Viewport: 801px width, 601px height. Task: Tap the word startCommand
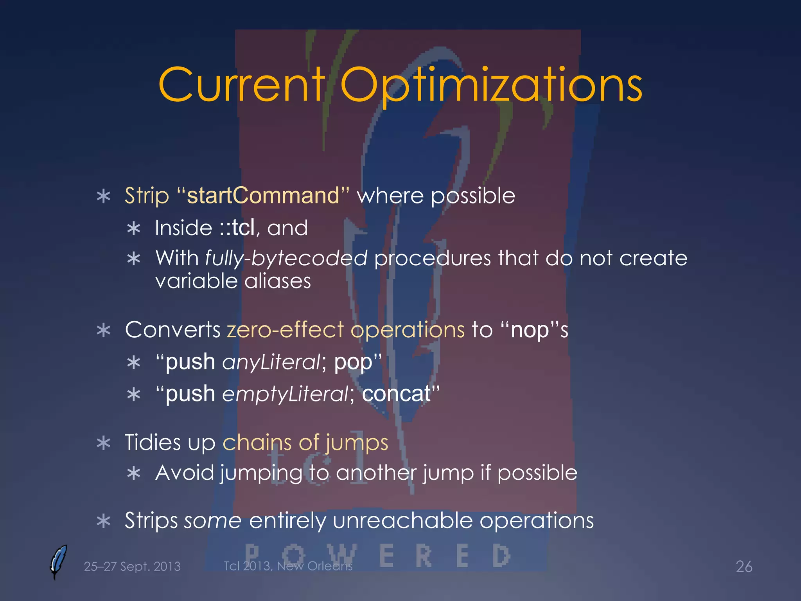click(263, 195)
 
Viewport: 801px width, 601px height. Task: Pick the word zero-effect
click(285, 330)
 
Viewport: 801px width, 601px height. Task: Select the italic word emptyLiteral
click(285, 394)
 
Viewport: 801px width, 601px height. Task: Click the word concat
click(396, 394)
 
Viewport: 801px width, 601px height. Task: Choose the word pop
click(353, 362)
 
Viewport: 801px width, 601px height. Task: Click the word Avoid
click(185, 473)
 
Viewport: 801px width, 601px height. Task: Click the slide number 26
click(744, 567)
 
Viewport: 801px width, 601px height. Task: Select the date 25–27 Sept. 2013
click(132, 567)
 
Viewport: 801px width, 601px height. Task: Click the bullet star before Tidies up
click(104, 443)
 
